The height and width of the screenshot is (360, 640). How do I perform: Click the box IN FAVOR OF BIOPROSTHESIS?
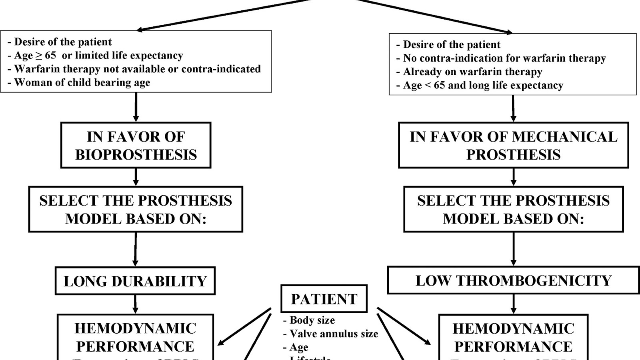(136, 145)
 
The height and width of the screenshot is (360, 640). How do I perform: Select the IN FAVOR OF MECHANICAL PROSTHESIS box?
(513, 145)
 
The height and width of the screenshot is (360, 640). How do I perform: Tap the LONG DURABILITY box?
(135, 281)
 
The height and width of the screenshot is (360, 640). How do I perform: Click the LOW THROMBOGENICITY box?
(513, 280)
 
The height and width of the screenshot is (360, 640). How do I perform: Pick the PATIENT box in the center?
(324, 299)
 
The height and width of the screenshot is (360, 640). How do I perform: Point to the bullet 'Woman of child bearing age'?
(82, 83)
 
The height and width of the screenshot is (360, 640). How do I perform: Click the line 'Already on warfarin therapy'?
(472, 72)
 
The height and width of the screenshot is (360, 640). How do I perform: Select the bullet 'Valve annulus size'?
(334, 334)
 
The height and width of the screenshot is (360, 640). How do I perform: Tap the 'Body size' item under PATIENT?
(312, 320)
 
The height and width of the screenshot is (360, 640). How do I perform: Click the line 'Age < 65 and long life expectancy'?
(483, 86)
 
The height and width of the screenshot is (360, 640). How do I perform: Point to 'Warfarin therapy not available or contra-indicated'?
(137, 69)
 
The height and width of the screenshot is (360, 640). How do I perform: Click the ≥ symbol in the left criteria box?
(39, 56)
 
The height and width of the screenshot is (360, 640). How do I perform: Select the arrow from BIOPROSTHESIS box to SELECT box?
(136, 177)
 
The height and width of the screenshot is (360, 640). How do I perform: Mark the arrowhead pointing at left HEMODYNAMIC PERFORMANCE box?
(221, 343)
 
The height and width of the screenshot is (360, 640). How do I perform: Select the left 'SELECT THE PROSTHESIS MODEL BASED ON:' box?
(136, 209)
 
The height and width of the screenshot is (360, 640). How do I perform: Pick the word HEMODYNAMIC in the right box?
(513, 329)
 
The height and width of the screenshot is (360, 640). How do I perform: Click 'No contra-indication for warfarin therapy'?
(504, 58)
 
